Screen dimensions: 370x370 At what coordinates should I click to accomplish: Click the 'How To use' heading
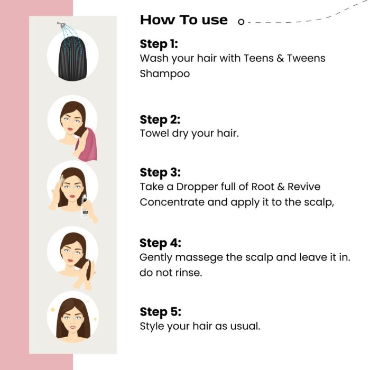(183, 21)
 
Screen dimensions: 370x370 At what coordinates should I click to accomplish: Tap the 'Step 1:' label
(159, 44)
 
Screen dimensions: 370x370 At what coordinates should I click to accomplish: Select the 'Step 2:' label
(160, 119)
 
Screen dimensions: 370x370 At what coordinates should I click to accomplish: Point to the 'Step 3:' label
(160, 173)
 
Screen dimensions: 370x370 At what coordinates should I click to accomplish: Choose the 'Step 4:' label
(160, 243)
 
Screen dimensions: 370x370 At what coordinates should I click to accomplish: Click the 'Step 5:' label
(160, 311)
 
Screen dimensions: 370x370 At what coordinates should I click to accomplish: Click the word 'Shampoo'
(164, 74)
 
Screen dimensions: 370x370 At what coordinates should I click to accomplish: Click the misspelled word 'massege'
(201, 257)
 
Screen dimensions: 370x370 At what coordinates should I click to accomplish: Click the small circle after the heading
(241, 22)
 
